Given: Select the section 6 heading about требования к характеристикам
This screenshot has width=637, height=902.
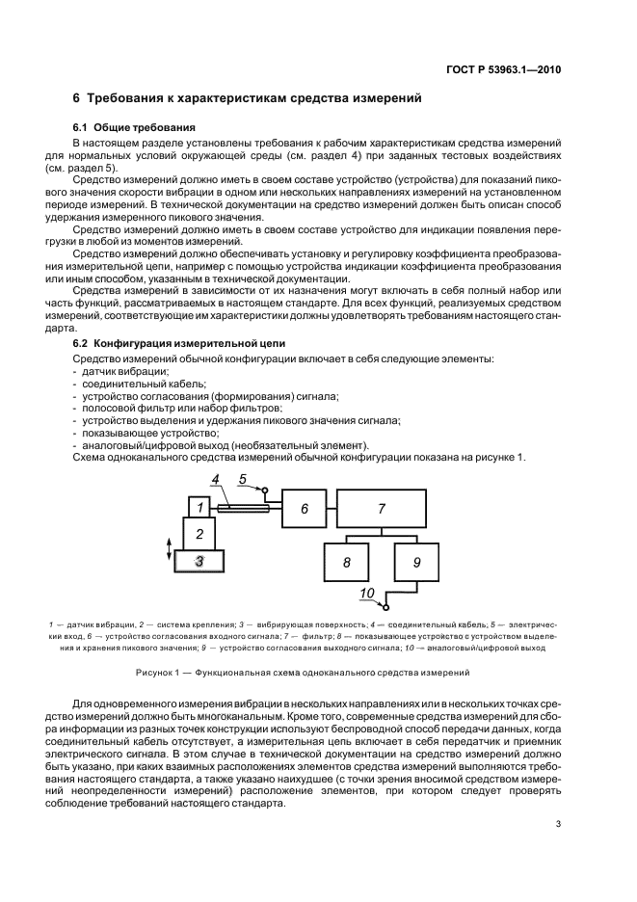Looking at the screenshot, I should tap(248, 99).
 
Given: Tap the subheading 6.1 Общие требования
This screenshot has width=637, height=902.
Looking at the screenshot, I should tap(135, 127).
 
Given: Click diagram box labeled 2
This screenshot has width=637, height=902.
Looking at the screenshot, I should tap(199, 533).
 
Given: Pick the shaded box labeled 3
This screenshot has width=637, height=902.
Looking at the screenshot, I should tap(199, 560).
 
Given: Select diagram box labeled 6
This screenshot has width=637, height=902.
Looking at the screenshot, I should tap(305, 509).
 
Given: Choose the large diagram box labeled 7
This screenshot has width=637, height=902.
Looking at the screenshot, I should tap(381, 508).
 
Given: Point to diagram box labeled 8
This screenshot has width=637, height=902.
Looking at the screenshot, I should tap(345, 561).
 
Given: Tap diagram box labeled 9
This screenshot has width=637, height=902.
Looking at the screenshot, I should tap(416, 561).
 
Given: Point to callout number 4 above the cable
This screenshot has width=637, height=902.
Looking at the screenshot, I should tap(217, 479).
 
